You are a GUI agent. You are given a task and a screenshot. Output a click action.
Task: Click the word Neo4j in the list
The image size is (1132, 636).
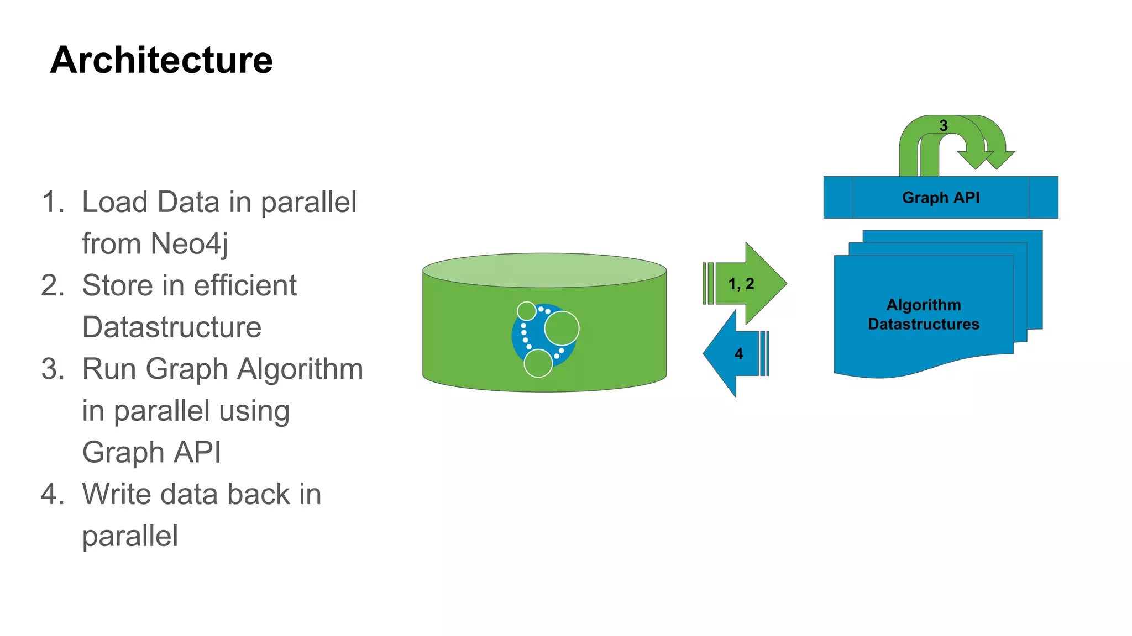[x=189, y=243]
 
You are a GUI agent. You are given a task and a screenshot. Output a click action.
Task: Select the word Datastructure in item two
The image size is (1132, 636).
[x=171, y=327]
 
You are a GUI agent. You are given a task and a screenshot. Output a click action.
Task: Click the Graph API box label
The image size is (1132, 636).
[x=940, y=198]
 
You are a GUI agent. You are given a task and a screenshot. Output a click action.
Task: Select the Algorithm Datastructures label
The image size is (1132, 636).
[x=923, y=314]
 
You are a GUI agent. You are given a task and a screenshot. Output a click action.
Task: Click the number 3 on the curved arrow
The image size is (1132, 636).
[x=944, y=126]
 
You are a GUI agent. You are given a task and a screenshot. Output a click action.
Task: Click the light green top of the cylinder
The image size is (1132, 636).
[x=544, y=270]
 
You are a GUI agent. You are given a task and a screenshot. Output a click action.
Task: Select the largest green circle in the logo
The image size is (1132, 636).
[x=562, y=328]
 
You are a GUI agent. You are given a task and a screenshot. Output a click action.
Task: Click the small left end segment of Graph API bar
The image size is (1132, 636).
[x=838, y=198]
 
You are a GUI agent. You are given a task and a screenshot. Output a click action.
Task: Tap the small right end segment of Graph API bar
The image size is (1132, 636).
[x=1043, y=198]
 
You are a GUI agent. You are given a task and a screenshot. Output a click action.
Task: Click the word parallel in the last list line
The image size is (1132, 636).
[x=130, y=536]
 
